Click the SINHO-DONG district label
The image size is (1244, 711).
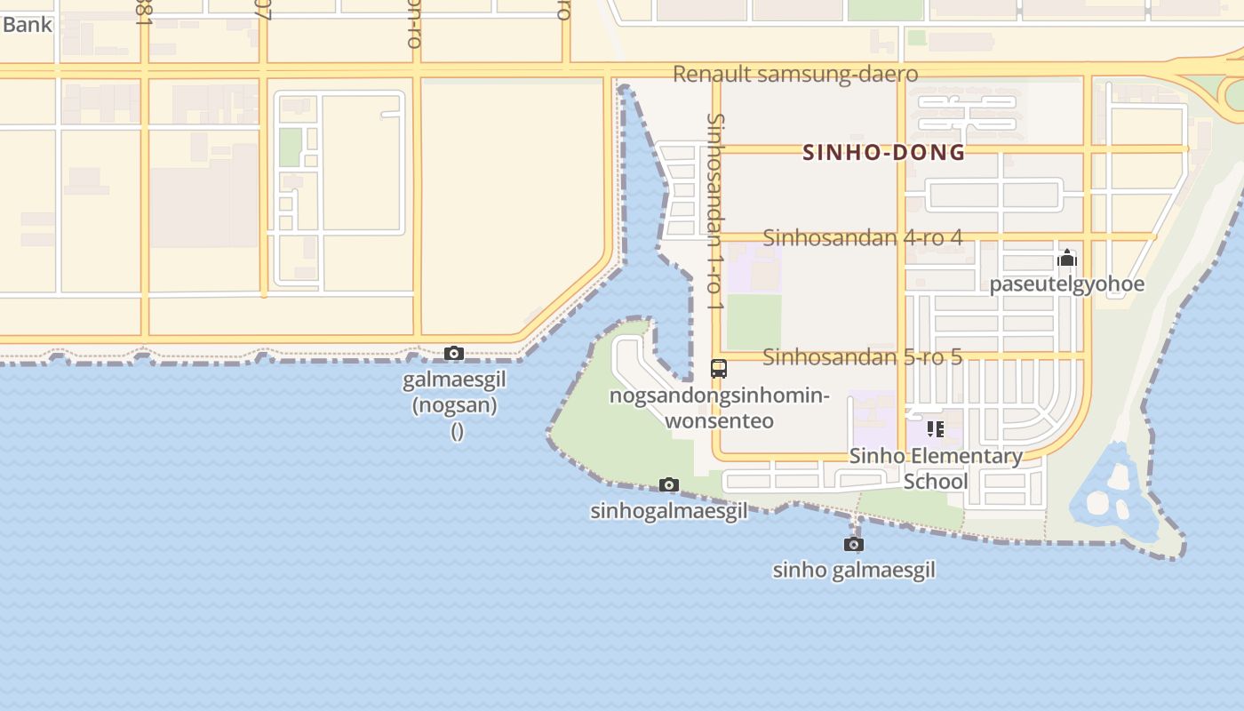(x=883, y=152)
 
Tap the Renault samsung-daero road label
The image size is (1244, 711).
(x=794, y=74)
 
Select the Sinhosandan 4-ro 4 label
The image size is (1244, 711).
(x=862, y=237)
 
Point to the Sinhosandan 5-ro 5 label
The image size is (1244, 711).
(x=862, y=357)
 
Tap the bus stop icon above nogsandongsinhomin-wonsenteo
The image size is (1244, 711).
(x=719, y=368)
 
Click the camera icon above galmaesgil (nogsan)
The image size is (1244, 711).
(x=454, y=354)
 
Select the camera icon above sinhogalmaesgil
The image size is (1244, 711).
(x=669, y=484)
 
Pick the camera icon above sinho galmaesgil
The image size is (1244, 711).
(x=854, y=544)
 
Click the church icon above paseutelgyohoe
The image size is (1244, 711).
(x=1066, y=260)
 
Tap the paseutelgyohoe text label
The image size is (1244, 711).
(x=1066, y=284)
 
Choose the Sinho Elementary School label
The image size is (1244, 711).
(x=936, y=468)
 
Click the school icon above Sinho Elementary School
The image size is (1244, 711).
(x=935, y=430)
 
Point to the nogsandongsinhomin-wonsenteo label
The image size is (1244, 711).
(x=719, y=408)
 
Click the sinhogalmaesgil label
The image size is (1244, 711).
(x=668, y=511)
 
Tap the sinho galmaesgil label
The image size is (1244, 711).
(x=853, y=570)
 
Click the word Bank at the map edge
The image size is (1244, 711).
(x=27, y=24)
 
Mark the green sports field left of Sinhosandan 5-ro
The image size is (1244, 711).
(x=754, y=321)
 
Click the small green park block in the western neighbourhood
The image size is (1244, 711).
(x=291, y=148)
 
